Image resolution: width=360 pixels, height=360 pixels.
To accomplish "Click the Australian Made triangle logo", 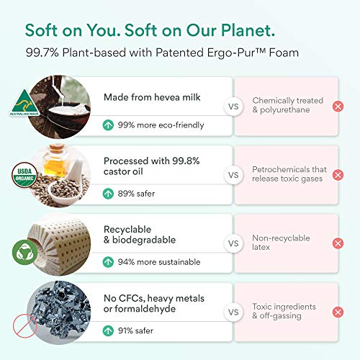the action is click(24, 103).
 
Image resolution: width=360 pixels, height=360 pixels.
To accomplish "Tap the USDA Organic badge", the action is click(24, 175).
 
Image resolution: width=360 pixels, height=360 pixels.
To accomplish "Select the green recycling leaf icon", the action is click(25, 252).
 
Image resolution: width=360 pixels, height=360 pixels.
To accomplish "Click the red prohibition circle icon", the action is click(24, 325).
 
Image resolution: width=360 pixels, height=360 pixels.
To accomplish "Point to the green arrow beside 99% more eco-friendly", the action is click(108, 125).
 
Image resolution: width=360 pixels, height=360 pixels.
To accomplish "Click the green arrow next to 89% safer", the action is click(108, 194).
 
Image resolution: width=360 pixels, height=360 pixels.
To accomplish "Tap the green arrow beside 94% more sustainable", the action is click(108, 262).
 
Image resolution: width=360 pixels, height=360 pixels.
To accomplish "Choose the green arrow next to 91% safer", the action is click(108, 330).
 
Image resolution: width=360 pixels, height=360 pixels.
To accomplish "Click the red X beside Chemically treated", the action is click(338, 107).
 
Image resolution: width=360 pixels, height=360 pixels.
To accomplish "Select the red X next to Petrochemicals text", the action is click(338, 175).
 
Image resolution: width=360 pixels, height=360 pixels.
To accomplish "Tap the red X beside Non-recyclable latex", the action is click(338, 243).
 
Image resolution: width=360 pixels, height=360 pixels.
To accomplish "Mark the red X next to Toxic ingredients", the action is click(338, 312).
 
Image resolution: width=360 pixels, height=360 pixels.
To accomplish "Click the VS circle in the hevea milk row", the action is click(233, 107).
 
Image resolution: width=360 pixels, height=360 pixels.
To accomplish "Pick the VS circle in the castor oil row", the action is click(233, 175).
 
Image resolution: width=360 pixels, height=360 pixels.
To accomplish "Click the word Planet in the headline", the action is click(248, 31).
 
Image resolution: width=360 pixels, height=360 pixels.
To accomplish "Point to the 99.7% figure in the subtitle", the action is click(42, 53).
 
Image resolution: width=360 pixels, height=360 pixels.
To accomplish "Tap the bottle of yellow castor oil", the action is click(55, 161).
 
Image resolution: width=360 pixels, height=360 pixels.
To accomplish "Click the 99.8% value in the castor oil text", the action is click(186, 161).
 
